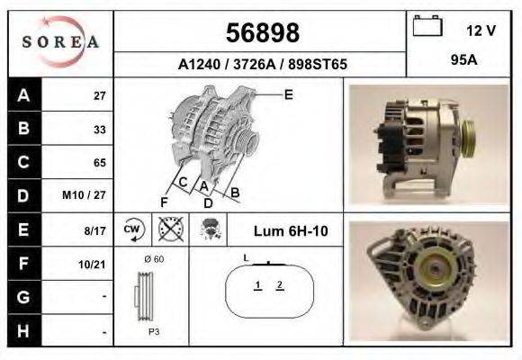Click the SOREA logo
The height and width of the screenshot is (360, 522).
60,42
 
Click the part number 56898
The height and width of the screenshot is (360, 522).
262,33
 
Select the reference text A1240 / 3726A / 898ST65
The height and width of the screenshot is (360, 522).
262,65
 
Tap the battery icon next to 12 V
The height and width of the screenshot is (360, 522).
426,29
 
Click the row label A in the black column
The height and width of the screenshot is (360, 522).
23,94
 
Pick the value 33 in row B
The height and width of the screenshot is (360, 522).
99,129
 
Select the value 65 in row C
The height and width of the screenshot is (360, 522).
99,163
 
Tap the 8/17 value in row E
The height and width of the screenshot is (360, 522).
94,230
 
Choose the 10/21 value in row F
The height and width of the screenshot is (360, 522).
92,265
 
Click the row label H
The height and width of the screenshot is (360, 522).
23,332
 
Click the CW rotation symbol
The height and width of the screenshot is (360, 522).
132,229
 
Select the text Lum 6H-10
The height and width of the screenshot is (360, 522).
290,230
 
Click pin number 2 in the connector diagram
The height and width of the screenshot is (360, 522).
280,285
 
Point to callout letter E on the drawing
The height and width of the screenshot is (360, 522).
288,94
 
